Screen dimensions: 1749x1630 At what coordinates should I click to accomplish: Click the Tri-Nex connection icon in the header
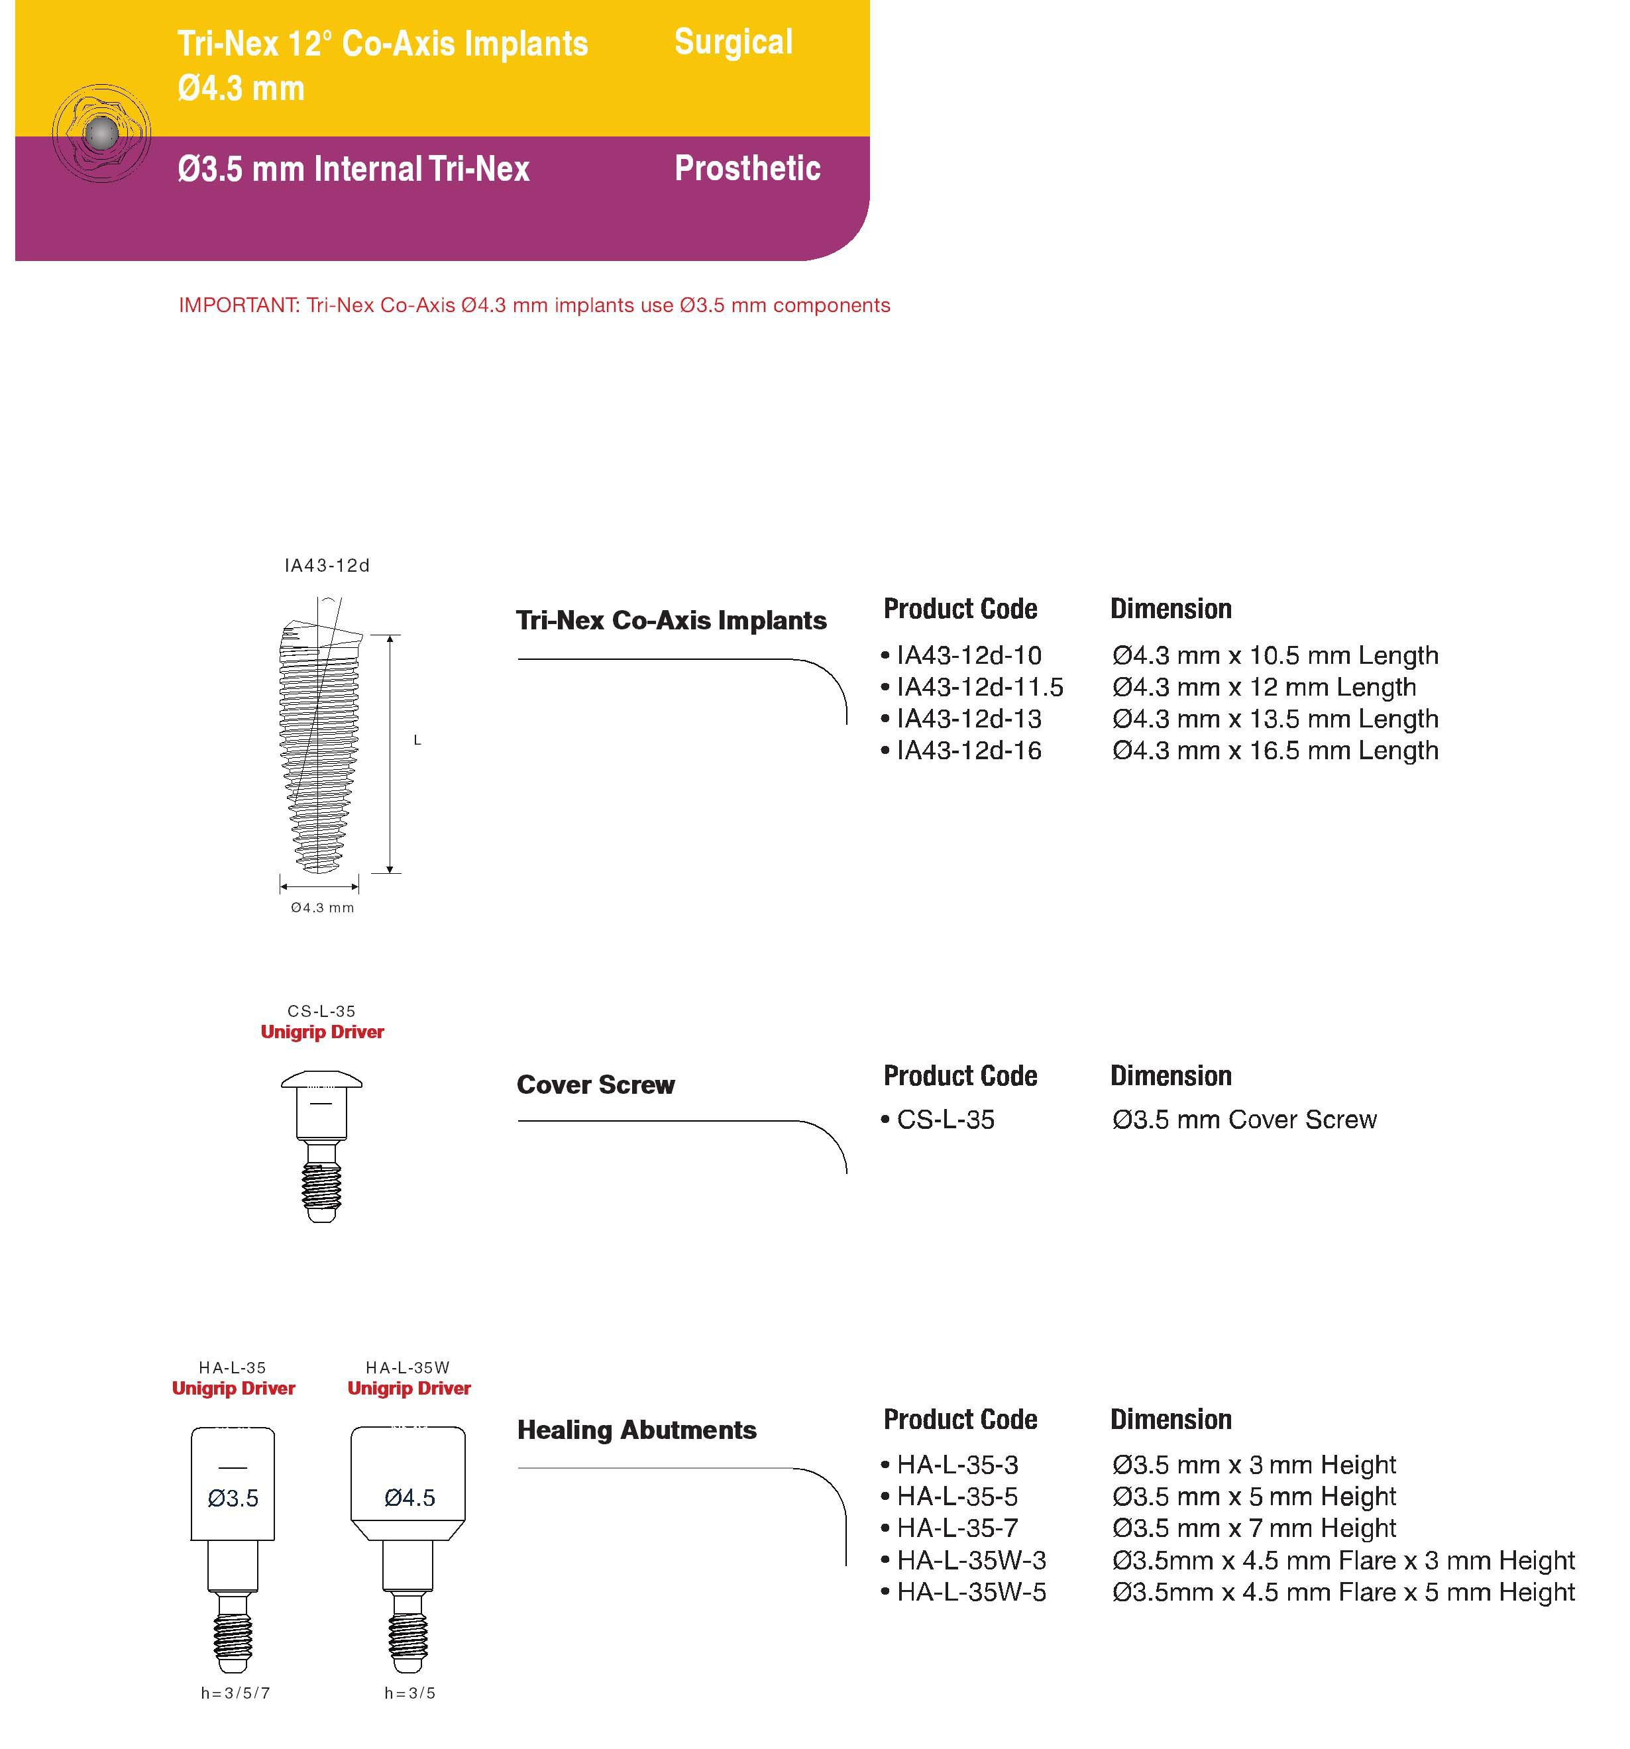pyautogui.click(x=101, y=134)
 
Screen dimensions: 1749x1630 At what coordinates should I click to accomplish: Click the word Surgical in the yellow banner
pyautogui.click(x=733, y=42)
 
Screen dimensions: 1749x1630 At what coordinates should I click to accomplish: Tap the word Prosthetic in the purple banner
pyautogui.click(x=747, y=168)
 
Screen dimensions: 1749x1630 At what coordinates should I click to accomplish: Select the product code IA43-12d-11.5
pyautogui.click(x=979, y=687)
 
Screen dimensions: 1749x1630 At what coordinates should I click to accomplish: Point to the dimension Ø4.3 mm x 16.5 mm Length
pyautogui.click(x=1274, y=751)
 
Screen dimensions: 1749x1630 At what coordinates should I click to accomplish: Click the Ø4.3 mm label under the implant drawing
pyautogui.click(x=322, y=907)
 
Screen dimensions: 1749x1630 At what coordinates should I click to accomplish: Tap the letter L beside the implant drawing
pyautogui.click(x=417, y=741)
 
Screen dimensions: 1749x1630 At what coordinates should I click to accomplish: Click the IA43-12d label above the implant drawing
pyautogui.click(x=327, y=566)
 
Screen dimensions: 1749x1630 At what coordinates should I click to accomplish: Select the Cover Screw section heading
pyautogui.click(x=595, y=1085)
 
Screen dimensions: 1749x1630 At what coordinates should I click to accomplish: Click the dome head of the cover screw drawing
pyautogui.click(x=321, y=1079)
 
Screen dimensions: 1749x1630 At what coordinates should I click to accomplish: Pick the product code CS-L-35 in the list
pyautogui.click(x=946, y=1120)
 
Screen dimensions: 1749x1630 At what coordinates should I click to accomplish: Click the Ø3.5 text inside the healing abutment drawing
pyautogui.click(x=233, y=1499)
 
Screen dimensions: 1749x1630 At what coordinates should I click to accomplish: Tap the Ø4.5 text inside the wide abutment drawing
pyautogui.click(x=409, y=1497)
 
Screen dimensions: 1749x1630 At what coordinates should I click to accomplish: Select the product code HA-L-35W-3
pyautogui.click(x=971, y=1560)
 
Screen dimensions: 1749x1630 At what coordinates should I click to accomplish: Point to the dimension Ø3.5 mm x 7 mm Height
pyautogui.click(x=1253, y=1528)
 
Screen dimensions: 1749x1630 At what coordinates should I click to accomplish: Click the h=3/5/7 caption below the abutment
pyautogui.click(x=235, y=1693)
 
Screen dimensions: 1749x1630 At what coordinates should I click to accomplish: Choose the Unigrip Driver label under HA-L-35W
pyautogui.click(x=409, y=1389)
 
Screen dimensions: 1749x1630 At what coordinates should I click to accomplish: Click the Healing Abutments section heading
pyautogui.click(x=636, y=1430)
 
